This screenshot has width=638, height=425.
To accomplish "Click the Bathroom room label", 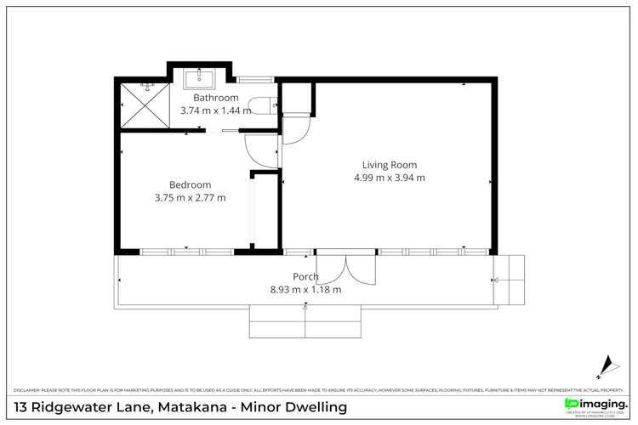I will pyautogui.click(x=215, y=98).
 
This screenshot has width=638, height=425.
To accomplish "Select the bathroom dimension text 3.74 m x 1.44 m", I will pyautogui.click(x=215, y=110).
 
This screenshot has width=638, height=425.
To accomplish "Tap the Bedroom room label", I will pyautogui.click(x=190, y=184).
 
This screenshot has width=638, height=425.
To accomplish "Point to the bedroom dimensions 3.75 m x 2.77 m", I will pyautogui.click(x=190, y=197).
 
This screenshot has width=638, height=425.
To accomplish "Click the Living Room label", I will pyautogui.click(x=389, y=165).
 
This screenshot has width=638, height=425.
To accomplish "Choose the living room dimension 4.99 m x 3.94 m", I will pyautogui.click(x=389, y=178).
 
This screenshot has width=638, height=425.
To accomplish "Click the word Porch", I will pyautogui.click(x=305, y=276).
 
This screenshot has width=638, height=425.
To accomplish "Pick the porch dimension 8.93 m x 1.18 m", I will pyautogui.click(x=305, y=289).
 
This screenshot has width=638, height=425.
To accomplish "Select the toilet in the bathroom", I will pyautogui.click(x=268, y=106).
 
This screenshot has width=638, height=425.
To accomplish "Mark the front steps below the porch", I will pyautogui.click(x=305, y=322).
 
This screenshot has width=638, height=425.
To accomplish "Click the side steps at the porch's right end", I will pyautogui.click(x=510, y=279).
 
